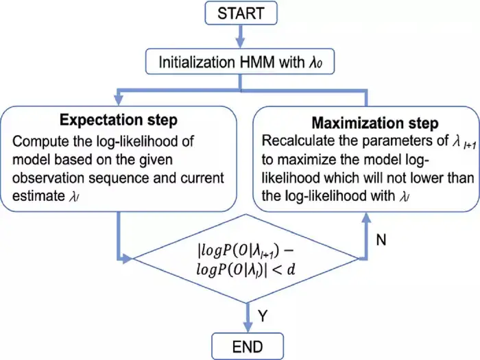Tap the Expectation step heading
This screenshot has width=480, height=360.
(119, 121)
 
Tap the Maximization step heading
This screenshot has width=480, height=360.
(375, 123)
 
